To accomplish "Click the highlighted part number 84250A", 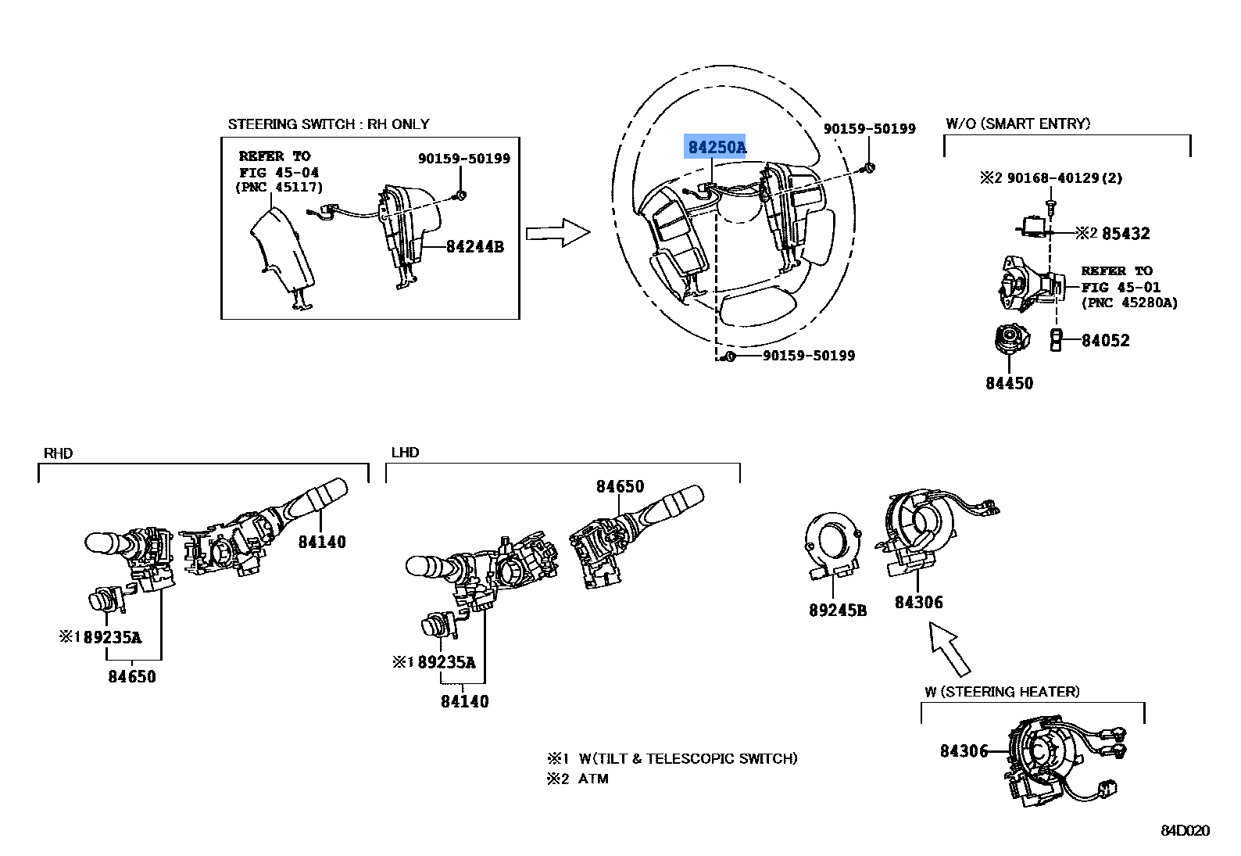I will pyautogui.click(x=716, y=147).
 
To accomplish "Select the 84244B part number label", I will pyautogui.click(x=474, y=247).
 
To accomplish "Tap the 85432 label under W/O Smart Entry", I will pyautogui.click(x=1125, y=234).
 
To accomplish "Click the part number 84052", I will pyautogui.click(x=1105, y=341).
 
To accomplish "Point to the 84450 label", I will pyautogui.click(x=1009, y=384).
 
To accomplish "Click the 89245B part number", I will pyautogui.click(x=837, y=611).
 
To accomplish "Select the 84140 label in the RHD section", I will pyautogui.click(x=321, y=543).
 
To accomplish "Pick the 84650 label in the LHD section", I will pyautogui.click(x=620, y=487).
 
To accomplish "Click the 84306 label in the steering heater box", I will pyautogui.click(x=964, y=751).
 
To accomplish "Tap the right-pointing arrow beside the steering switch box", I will pyautogui.click(x=557, y=233).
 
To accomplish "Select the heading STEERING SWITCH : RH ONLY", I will pyautogui.click(x=328, y=124).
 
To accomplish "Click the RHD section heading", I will pyautogui.click(x=58, y=453).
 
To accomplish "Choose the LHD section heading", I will pyautogui.click(x=405, y=453).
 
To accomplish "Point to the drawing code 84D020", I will pyautogui.click(x=1184, y=830).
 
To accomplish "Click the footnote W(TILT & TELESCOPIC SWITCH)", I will pyautogui.click(x=688, y=758).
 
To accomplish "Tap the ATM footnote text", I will pyautogui.click(x=593, y=779).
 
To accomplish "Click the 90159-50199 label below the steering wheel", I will pyautogui.click(x=808, y=356).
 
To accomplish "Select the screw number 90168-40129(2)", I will pyautogui.click(x=1064, y=178).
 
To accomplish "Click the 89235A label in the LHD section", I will pyautogui.click(x=446, y=663).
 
